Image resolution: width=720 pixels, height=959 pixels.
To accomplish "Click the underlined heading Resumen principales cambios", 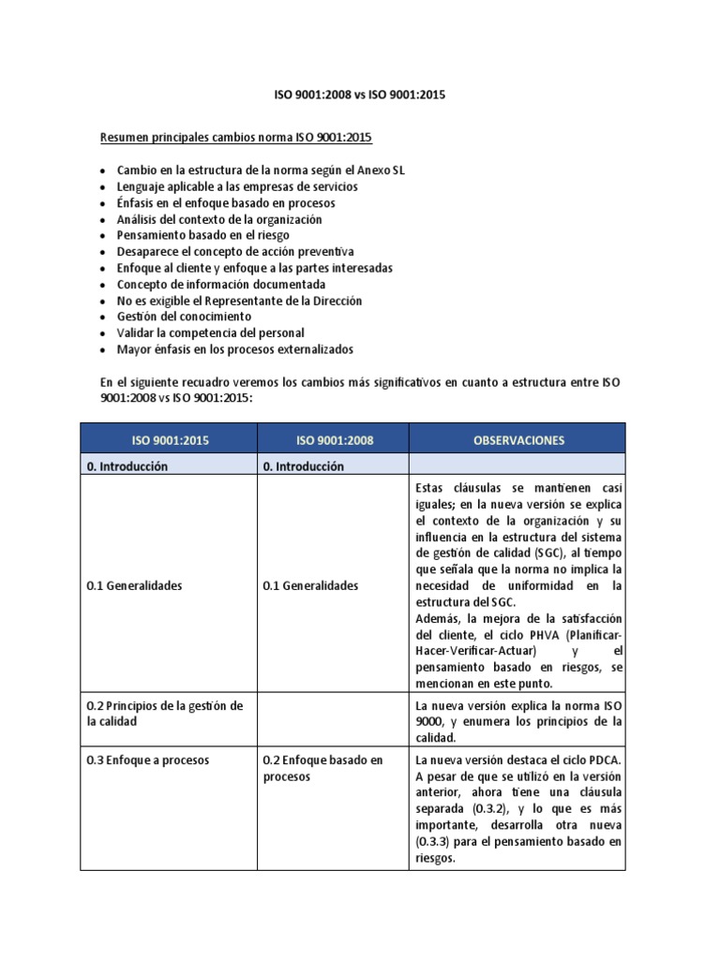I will (x=235, y=138).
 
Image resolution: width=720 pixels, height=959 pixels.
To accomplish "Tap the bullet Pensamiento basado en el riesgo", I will (x=202, y=235).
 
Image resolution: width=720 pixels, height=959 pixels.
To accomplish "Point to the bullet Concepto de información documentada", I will (x=221, y=284).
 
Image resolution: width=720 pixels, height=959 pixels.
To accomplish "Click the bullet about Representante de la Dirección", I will (x=239, y=301).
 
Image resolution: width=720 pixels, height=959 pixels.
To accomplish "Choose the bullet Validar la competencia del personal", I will (x=210, y=332).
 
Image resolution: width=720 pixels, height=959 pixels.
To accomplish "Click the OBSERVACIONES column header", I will (x=517, y=439).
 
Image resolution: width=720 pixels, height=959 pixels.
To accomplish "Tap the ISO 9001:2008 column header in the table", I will (x=334, y=439).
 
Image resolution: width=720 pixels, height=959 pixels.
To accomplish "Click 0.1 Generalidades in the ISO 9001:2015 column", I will (x=134, y=586).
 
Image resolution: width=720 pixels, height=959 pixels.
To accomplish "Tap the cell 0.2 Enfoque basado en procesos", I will (x=323, y=769).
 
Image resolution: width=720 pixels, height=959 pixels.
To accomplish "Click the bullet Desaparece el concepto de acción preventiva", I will (x=235, y=252).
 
